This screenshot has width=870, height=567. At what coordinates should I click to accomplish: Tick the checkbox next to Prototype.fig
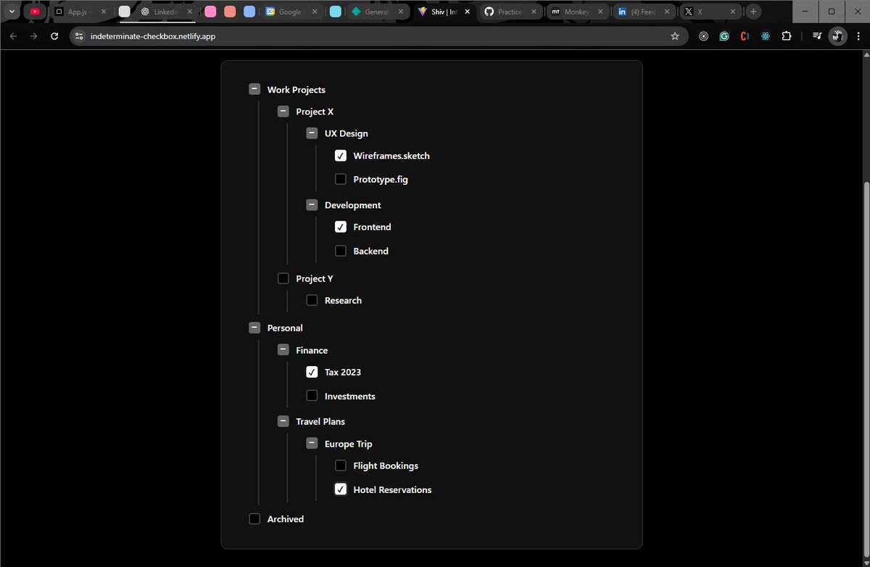(x=341, y=179)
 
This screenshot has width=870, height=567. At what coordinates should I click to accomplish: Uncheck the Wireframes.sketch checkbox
(x=341, y=156)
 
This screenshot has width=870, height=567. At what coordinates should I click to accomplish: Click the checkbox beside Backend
(x=341, y=251)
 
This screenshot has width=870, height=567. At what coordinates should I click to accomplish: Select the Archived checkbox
(x=254, y=519)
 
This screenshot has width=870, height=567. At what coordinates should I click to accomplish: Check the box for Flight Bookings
(x=341, y=465)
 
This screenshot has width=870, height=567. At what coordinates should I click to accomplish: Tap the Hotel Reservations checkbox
(x=341, y=489)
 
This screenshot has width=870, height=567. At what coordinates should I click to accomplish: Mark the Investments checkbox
(x=312, y=396)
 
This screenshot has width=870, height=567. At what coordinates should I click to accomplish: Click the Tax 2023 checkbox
(x=312, y=372)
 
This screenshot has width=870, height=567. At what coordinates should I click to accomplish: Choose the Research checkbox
(x=312, y=300)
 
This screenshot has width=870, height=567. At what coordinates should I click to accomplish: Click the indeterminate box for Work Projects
(x=254, y=89)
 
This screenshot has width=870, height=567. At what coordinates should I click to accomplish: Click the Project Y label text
(x=314, y=278)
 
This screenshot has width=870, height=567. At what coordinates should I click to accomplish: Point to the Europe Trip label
(x=348, y=444)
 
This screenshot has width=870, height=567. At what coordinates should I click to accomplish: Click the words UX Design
(x=346, y=133)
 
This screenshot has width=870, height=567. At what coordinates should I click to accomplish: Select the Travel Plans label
(x=320, y=421)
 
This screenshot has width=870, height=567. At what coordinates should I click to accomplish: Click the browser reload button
(x=54, y=36)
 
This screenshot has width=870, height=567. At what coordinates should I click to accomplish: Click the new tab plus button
(x=754, y=12)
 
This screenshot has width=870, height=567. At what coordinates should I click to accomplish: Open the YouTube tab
(x=35, y=12)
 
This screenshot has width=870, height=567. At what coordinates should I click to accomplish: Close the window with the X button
(x=853, y=12)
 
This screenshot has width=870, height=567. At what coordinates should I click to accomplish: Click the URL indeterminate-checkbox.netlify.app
(x=152, y=36)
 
